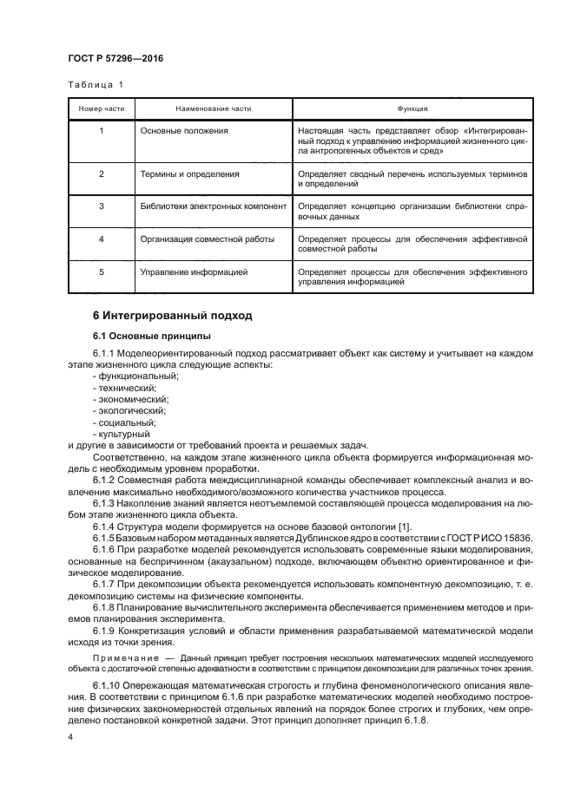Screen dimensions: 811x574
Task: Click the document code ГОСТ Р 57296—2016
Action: tap(115, 58)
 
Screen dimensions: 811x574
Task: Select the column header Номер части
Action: tap(101, 109)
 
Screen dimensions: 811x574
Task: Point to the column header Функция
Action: tap(412, 109)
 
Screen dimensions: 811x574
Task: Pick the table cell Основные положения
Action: tap(184, 130)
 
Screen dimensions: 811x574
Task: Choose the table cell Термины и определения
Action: tap(188, 174)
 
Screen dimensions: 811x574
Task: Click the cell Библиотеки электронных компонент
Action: tap(213, 206)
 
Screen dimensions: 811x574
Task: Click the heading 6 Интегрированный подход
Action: tap(172, 316)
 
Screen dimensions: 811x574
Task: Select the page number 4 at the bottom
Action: tap(71, 736)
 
